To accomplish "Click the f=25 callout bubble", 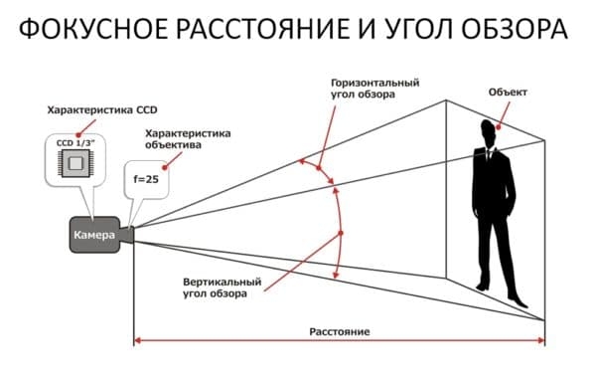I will tap(146, 179).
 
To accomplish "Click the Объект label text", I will tap(507, 92).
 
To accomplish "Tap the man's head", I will tap(486, 130).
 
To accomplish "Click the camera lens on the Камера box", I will tap(129, 234).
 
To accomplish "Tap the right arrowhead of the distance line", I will tap(540, 341).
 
